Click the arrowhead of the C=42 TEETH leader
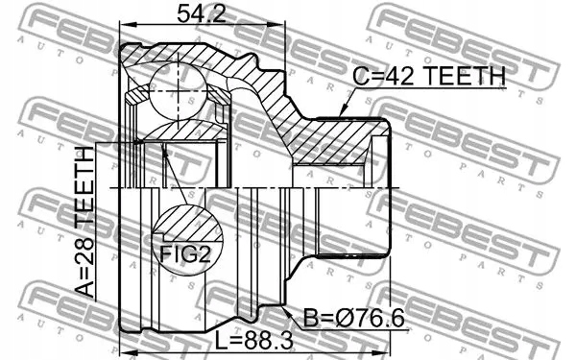(x=343, y=113)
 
